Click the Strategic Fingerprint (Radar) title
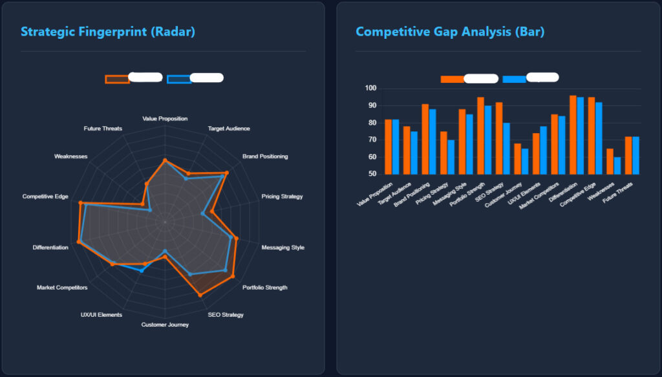click(x=107, y=32)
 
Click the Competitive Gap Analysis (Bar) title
click(x=450, y=32)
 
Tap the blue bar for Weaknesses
click(x=617, y=166)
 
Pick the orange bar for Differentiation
click(x=573, y=135)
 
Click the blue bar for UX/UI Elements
click(x=543, y=150)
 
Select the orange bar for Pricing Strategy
click(x=443, y=153)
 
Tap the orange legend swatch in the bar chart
click(x=452, y=79)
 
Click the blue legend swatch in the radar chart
click(x=178, y=79)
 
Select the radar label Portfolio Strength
click(x=264, y=288)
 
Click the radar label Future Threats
click(x=103, y=129)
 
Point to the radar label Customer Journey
click(x=165, y=325)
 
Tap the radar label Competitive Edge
click(x=45, y=196)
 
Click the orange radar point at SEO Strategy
click(x=200, y=295)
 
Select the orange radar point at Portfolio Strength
click(x=232, y=277)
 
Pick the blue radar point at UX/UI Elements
click(x=142, y=271)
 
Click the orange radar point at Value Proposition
click(x=165, y=160)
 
